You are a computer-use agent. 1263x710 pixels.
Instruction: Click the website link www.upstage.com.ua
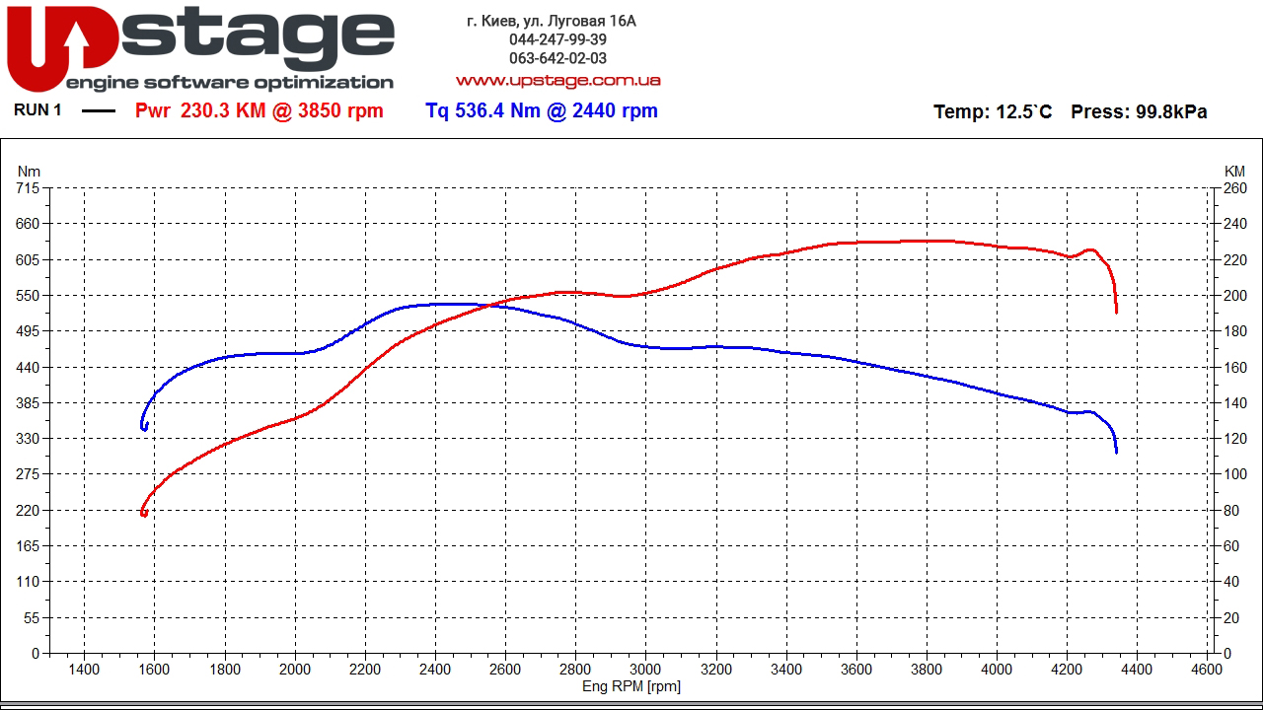(557, 80)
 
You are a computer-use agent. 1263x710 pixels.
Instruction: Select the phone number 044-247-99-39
(557, 39)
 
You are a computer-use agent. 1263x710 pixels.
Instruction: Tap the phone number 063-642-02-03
(557, 58)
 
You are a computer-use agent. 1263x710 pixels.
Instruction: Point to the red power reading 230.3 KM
(223, 111)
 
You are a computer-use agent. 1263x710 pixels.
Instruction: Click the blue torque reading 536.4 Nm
(483, 111)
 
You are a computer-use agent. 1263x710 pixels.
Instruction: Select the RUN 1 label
(37, 110)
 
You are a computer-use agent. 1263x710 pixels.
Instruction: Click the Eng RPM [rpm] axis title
(631, 686)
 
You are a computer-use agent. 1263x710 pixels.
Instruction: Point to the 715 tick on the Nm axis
(28, 188)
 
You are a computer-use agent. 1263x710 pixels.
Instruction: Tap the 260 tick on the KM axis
(1234, 188)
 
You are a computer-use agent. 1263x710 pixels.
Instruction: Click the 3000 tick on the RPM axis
(645, 670)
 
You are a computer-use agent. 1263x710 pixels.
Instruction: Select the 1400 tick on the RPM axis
(84, 670)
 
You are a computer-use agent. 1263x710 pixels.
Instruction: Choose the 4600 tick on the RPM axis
(1207, 670)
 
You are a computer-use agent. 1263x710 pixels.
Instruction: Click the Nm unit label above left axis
(29, 172)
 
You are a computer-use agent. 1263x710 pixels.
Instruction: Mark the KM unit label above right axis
(1234, 172)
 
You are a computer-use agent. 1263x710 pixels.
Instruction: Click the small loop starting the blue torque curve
(145, 426)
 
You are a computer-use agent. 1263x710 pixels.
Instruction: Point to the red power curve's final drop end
(1116, 312)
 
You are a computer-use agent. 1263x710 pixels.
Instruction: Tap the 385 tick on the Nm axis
(28, 403)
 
